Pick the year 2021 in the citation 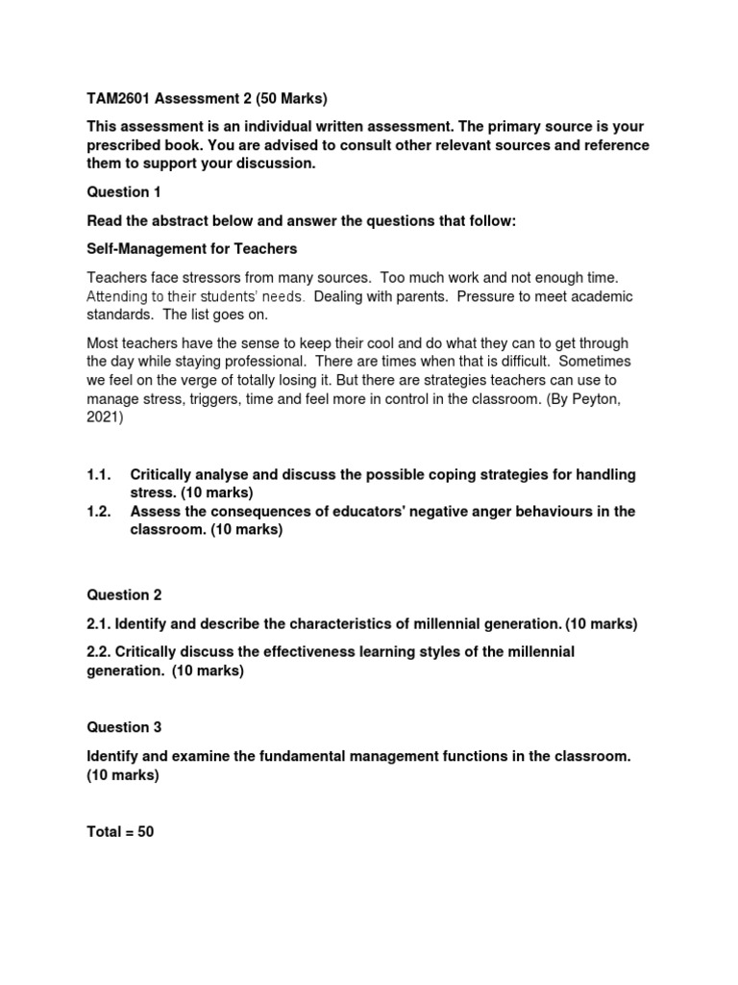coord(104,417)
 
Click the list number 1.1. coord(99,475)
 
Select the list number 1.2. coord(99,512)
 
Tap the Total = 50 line coord(120,832)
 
